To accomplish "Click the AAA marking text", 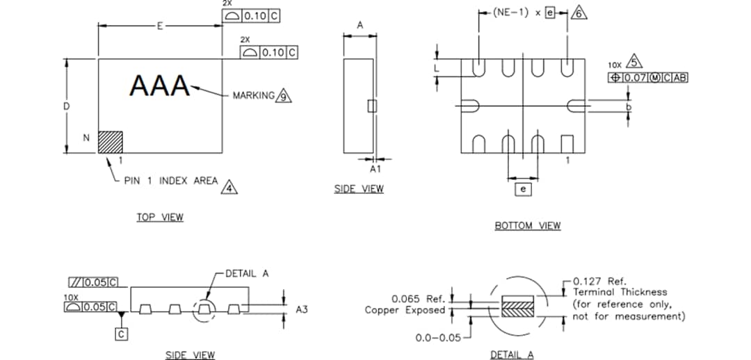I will (160, 86).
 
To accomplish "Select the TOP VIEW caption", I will (159, 218).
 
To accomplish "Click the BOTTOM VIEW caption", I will (527, 226).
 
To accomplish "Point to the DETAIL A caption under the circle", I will (512, 355).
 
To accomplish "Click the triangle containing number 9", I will (283, 96).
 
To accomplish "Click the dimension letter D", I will (67, 106).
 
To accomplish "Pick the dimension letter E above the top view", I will (160, 26).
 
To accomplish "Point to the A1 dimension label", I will (375, 169).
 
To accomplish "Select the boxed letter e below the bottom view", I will (523, 188).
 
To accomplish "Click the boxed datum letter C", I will (122, 334).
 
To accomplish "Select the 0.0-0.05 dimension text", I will (438, 338).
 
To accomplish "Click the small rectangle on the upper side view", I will (371, 106).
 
